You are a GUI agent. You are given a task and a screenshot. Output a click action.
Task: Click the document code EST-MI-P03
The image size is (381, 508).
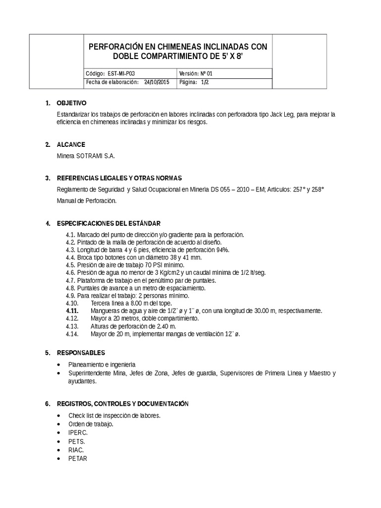tap(121, 73)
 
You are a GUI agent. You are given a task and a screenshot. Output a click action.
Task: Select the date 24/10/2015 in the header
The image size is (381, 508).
tap(157, 82)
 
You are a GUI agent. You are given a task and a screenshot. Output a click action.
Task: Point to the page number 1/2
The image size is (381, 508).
tap(205, 82)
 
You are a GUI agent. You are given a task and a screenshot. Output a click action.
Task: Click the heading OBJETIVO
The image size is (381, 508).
tap(71, 104)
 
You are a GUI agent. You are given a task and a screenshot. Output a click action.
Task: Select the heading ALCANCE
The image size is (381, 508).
tap(71, 145)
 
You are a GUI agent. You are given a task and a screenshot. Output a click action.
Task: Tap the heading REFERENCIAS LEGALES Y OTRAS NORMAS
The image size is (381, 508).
tap(120, 178)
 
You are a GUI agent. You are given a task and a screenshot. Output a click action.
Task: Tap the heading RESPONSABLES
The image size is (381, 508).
tap(81, 353)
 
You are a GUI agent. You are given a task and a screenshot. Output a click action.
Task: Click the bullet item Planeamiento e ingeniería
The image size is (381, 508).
tap(102, 364)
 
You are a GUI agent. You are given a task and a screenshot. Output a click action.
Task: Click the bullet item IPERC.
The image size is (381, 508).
tap(78, 433)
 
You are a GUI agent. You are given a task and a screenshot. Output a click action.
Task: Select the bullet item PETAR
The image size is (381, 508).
tap(78, 458)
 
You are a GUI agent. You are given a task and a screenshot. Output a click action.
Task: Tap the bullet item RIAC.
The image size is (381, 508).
tap(76, 450)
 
